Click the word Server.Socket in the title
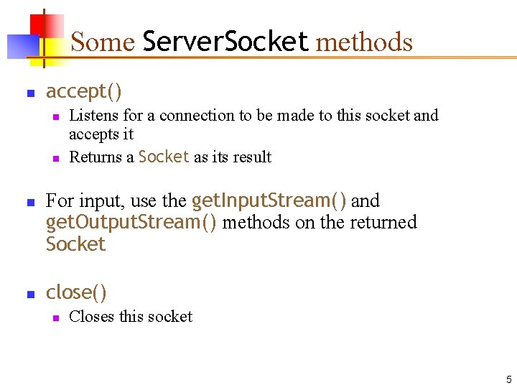tap(225, 42)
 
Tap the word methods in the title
tap(364, 42)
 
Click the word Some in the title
tap(103, 42)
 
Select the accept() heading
tap(84, 92)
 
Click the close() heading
tap(76, 292)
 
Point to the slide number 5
tap(508, 379)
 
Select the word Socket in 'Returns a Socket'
tap(164, 157)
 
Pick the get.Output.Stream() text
tap(131, 222)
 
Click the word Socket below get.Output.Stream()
tap(75, 244)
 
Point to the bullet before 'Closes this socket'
tap(54, 318)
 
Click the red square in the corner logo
tap(48, 27)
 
